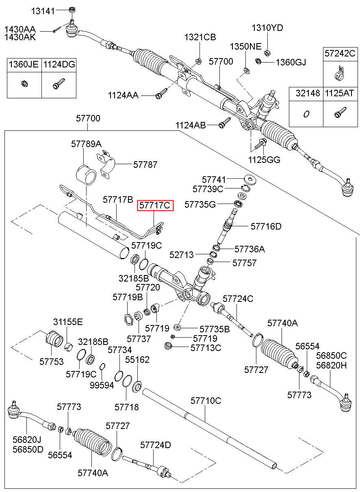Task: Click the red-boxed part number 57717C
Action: tap(155, 205)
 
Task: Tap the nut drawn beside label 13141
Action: tap(72, 10)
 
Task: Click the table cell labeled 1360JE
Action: tap(24, 65)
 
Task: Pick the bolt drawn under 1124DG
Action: tap(59, 83)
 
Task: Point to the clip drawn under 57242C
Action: tap(339, 73)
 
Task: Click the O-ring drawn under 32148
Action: tap(306, 114)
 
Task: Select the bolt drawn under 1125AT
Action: tap(340, 113)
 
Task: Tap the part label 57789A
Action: tap(86, 144)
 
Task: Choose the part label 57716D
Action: tap(266, 226)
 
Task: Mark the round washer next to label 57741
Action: tap(250, 179)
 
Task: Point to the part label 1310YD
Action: tap(267, 28)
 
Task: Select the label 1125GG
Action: tap(264, 160)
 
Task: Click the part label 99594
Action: tap(102, 385)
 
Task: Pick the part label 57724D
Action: tap(156, 445)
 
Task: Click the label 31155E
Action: tap(68, 322)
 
